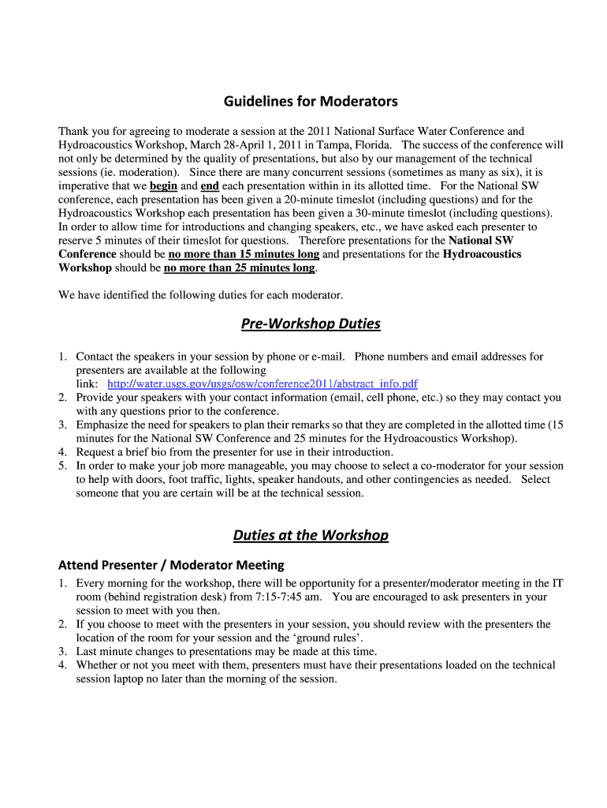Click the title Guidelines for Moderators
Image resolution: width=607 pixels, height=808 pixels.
(x=311, y=101)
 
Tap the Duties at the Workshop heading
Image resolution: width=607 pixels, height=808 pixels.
(x=311, y=535)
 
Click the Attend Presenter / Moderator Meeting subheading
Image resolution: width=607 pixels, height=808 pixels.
(x=171, y=565)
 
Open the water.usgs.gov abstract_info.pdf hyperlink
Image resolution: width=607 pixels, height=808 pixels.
(x=263, y=384)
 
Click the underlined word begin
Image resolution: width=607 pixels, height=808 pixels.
(x=163, y=185)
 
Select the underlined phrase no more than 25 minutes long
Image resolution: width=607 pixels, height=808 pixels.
(x=239, y=267)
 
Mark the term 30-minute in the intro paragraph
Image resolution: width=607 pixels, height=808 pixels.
(x=369, y=213)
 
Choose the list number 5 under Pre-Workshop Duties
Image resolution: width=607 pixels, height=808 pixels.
(x=62, y=466)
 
